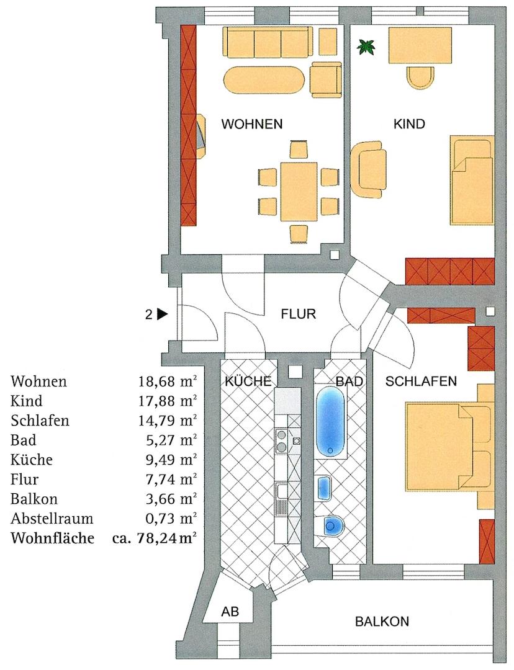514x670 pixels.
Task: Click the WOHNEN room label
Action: tap(252, 124)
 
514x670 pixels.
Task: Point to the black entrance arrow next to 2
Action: tap(163, 314)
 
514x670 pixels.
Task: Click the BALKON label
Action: tap(382, 621)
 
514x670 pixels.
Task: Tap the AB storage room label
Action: tap(230, 612)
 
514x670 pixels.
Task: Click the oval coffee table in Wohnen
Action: tap(264, 81)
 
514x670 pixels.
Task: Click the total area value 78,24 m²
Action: tap(165, 538)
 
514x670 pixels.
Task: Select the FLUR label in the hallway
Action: tap(299, 314)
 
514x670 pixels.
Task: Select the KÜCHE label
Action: tap(248, 382)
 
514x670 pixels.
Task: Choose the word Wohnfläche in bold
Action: tap(52, 538)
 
